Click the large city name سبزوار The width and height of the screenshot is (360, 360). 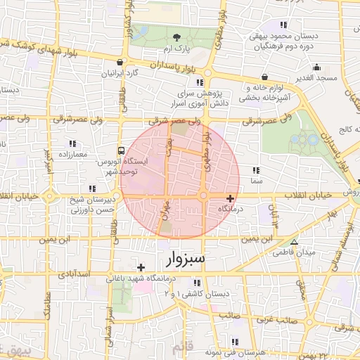pos(186,259)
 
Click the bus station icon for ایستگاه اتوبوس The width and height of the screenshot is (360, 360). pos(122,150)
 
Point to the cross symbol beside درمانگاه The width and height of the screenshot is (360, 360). pos(231,199)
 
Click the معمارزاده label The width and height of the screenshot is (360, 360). pos(69,154)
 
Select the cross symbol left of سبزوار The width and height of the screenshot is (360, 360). pos(141,267)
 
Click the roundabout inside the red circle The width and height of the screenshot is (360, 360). pos(203,195)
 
